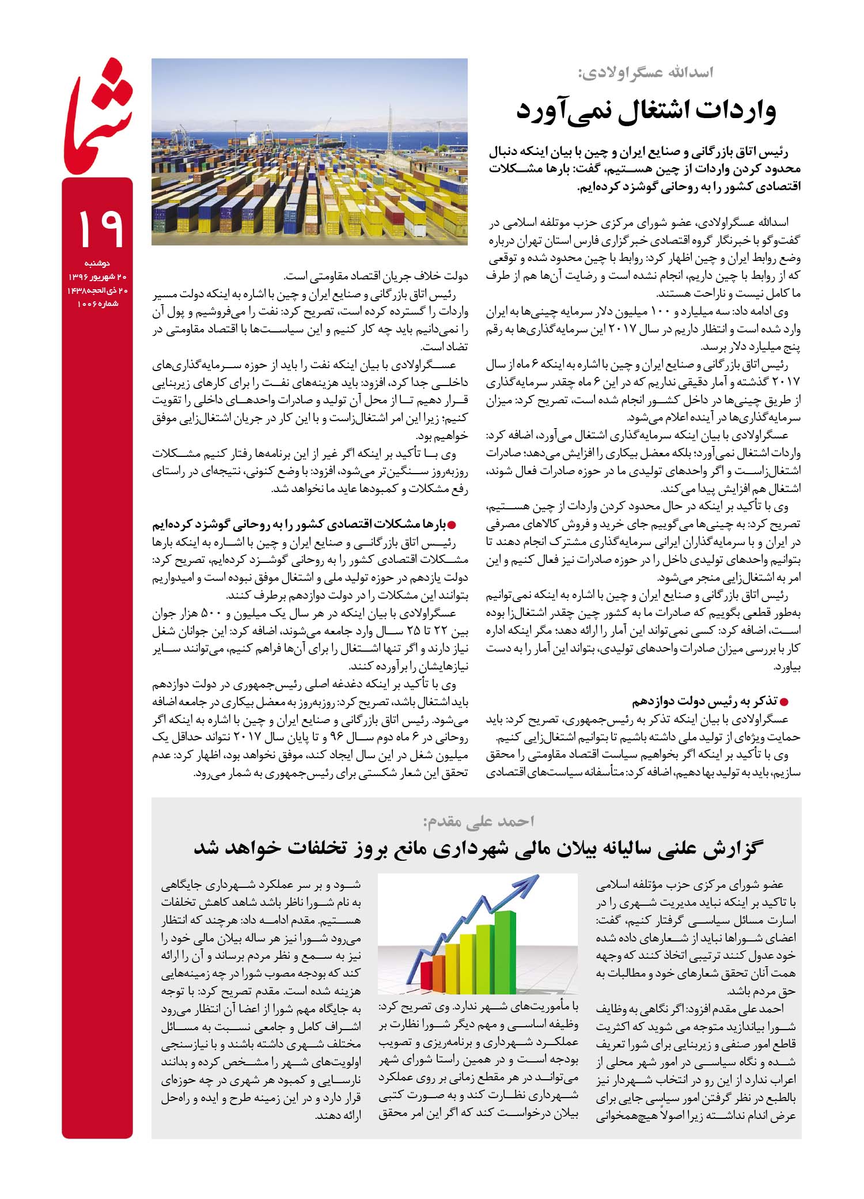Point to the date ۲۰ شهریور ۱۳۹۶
(x=97, y=278)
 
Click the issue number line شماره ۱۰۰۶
(x=97, y=304)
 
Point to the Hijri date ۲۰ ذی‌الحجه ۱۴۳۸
(x=97, y=291)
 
